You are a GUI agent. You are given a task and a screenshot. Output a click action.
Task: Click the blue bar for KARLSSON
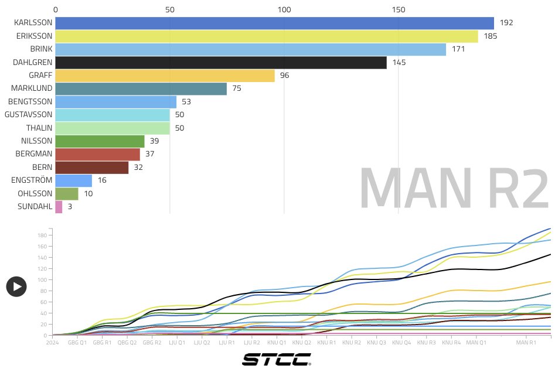[x=274, y=23]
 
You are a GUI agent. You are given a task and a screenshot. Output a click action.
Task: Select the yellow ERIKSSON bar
[x=267, y=36]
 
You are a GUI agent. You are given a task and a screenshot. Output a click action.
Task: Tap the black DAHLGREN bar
[x=221, y=62]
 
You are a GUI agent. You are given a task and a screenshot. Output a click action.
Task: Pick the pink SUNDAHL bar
[x=59, y=206]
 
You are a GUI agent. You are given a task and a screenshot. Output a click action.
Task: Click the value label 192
[x=506, y=23]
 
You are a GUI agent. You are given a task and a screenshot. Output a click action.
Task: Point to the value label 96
[x=285, y=76]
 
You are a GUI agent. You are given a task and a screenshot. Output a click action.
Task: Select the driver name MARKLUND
[x=32, y=88]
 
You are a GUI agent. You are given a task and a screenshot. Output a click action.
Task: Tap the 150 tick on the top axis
[x=399, y=9]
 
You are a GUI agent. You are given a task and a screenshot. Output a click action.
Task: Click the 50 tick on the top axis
[x=170, y=9]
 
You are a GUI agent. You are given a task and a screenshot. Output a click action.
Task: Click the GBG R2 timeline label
[x=152, y=342]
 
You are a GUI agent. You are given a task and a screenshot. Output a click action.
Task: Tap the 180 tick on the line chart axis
[x=42, y=236]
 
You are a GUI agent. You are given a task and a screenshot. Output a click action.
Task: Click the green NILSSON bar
[x=100, y=141]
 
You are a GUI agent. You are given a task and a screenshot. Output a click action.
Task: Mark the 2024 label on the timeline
[x=53, y=342]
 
